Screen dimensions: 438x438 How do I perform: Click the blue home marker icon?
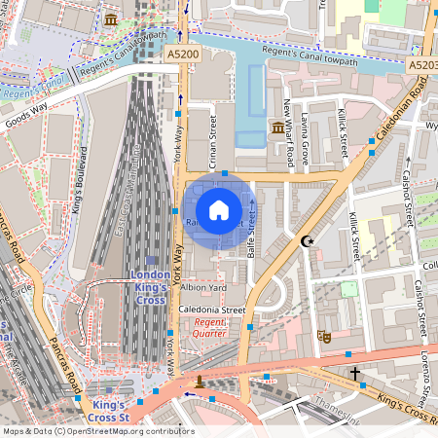[219, 209]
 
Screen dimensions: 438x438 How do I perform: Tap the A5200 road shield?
[183, 55]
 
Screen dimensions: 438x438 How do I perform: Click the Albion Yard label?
[203, 288]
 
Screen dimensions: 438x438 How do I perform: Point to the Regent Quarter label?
[209, 327]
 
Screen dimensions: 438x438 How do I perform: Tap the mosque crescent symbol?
[309, 240]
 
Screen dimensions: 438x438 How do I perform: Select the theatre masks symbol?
[324, 336]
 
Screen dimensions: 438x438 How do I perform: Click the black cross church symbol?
[355, 373]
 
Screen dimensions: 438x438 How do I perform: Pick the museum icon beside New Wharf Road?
[278, 128]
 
